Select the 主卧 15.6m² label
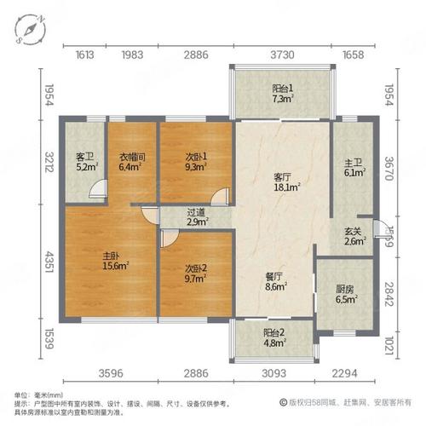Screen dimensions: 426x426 (x=112, y=260)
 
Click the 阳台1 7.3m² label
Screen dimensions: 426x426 (x=283, y=93)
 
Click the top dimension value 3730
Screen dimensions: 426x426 (x=282, y=55)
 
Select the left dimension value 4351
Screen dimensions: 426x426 (x=49, y=259)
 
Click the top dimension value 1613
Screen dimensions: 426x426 (x=83, y=55)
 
